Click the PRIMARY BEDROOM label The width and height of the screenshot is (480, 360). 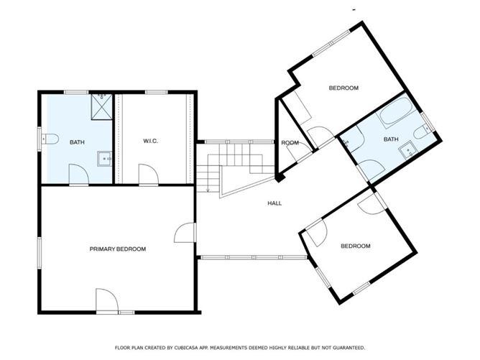118,249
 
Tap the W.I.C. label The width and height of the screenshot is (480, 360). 151,141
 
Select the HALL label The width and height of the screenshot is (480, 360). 274,203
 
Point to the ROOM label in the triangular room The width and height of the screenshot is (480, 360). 290,143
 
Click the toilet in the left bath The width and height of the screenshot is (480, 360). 50,139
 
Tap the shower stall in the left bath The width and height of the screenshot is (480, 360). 101,107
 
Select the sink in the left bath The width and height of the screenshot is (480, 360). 104,159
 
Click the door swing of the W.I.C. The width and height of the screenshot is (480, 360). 149,175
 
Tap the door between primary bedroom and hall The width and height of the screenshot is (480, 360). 185,233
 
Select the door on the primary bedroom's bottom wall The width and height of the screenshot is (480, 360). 107,300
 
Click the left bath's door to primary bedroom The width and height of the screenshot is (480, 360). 78,175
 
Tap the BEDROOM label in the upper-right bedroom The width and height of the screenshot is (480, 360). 343,88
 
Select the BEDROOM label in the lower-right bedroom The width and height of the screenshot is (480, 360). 356,246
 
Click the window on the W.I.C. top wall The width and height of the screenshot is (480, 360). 157,92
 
